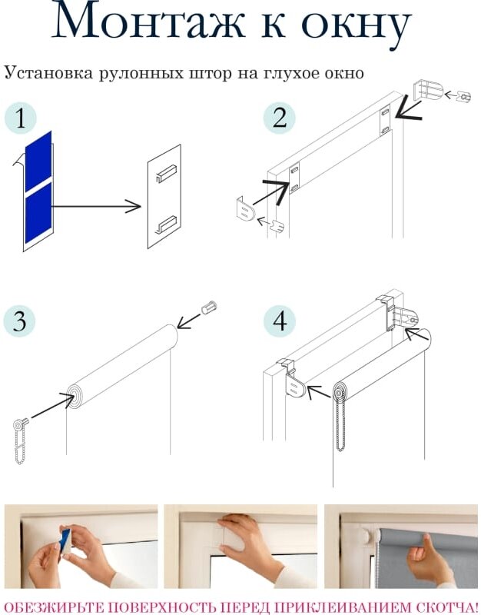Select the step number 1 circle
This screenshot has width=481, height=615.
[x=21, y=118]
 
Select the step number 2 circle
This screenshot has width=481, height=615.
[x=279, y=118]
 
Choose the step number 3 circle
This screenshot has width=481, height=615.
[x=20, y=321]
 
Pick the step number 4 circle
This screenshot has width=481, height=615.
[x=279, y=321]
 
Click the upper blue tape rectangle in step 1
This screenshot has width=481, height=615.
[x=38, y=161]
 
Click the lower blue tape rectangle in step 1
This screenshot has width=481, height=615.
[x=38, y=213]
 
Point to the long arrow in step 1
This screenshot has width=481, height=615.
[x=96, y=206]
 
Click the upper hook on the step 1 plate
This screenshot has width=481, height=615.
[x=166, y=174]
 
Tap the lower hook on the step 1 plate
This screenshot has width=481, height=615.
[x=166, y=224]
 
